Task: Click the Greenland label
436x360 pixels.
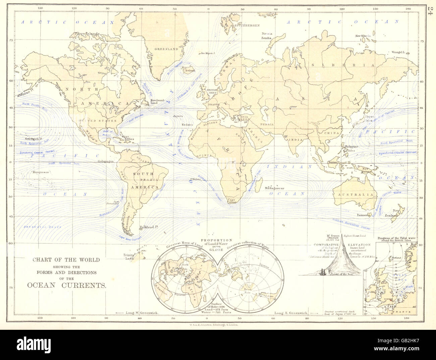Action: pos(166,49)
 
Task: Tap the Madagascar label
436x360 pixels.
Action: pos(274,188)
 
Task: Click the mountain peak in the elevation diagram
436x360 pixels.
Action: pos(342,235)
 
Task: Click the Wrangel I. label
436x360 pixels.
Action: pos(399,52)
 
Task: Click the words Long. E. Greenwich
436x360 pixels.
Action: pos(291,313)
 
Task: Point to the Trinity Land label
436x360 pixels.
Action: pos(127,256)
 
